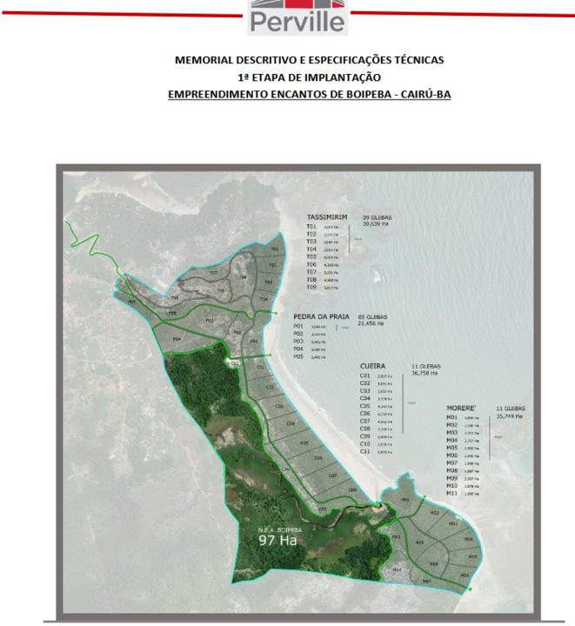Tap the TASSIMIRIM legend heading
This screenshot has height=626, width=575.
[x=327, y=217]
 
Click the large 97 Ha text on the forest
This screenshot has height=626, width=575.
[x=278, y=539]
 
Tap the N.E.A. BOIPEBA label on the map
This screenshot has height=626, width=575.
[x=278, y=528]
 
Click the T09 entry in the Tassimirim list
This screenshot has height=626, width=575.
[x=311, y=288]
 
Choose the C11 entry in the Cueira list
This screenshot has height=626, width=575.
[x=365, y=452]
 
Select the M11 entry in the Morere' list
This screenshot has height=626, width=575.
[x=451, y=493]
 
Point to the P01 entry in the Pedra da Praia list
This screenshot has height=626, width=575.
[x=298, y=326]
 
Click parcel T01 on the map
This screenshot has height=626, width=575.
[x=273, y=250]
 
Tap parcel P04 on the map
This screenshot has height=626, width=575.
[x=177, y=338]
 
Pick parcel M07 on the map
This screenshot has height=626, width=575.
[x=426, y=581]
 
